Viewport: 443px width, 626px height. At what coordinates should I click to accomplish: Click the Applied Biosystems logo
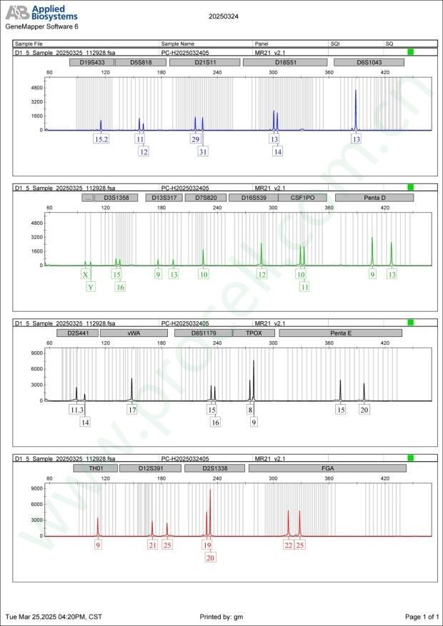click(41, 12)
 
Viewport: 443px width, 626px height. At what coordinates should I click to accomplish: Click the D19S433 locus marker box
click(91, 63)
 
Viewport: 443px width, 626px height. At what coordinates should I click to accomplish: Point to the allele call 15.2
click(101, 139)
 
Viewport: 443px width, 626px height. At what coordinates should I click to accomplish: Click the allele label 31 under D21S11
click(203, 151)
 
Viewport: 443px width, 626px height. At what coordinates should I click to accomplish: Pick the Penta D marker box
click(374, 198)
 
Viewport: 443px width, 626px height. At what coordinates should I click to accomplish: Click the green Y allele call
click(91, 287)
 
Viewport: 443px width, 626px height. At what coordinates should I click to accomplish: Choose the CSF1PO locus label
click(302, 198)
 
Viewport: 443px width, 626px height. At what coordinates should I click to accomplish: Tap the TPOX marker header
click(254, 333)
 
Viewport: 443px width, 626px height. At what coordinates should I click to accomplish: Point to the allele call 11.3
click(76, 410)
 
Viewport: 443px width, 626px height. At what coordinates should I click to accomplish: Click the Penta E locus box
click(340, 333)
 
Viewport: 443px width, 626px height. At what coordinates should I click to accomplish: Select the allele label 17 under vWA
click(132, 410)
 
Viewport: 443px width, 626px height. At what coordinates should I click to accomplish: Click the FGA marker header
click(329, 468)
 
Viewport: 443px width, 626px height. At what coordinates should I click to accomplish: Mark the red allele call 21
click(152, 545)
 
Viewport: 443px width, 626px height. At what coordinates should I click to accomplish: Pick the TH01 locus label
click(96, 468)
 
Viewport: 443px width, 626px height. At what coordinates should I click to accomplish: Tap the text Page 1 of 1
click(422, 616)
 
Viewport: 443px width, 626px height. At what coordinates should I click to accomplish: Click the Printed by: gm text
click(222, 616)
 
